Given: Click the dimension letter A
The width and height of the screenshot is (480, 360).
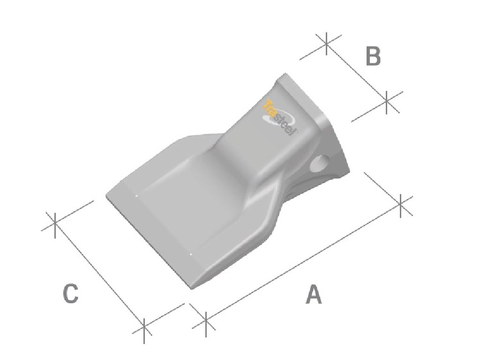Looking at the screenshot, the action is click(x=314, y=294).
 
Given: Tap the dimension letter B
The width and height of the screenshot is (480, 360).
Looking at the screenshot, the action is click(x=373, y=56).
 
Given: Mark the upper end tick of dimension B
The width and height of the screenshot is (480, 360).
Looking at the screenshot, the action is click(x=327, y=44).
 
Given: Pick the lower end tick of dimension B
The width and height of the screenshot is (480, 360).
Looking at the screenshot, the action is click(x=387, y=102).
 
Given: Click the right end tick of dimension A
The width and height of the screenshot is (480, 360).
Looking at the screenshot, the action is click(x=401, y=205).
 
